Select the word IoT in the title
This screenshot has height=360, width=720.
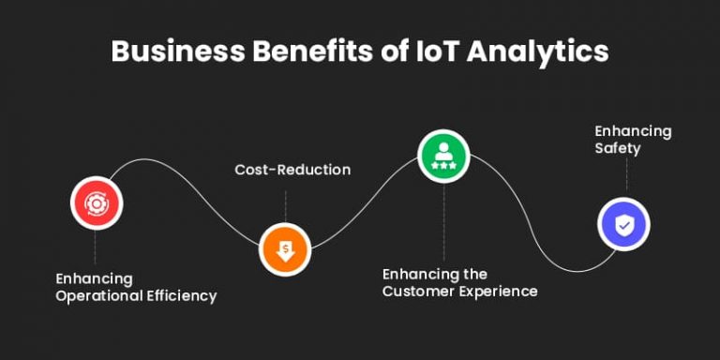pos(434,52)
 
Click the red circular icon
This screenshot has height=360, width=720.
pos(96,202)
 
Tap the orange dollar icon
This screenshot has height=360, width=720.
pos(285,249)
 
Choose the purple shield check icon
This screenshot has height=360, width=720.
pos(623,225)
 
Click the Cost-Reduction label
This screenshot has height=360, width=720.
pos(292,170)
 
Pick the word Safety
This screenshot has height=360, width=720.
pos(617,148)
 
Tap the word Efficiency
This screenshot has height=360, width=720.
pos(182,296)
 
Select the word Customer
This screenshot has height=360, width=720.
pos(418,292)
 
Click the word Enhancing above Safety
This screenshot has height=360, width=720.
pos(633,130)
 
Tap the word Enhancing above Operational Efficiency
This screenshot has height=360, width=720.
pos(94,278)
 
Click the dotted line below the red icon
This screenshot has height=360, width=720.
pos(96,247)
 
